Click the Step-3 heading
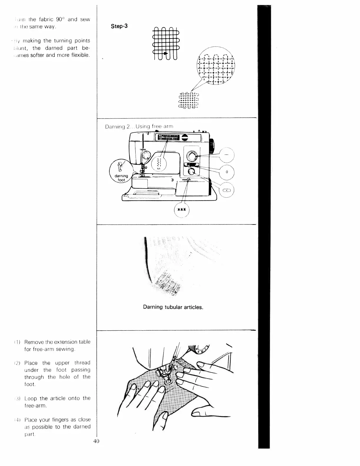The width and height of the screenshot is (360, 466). [119, 26]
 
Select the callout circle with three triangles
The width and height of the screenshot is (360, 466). [182, 210]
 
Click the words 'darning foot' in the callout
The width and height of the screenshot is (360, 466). [121, 178]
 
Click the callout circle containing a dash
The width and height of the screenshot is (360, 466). [226, 154]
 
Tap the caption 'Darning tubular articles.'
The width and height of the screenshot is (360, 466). [173, 307]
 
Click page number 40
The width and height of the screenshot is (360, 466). [96, 441]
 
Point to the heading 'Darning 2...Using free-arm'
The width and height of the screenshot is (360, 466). [139, 127]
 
